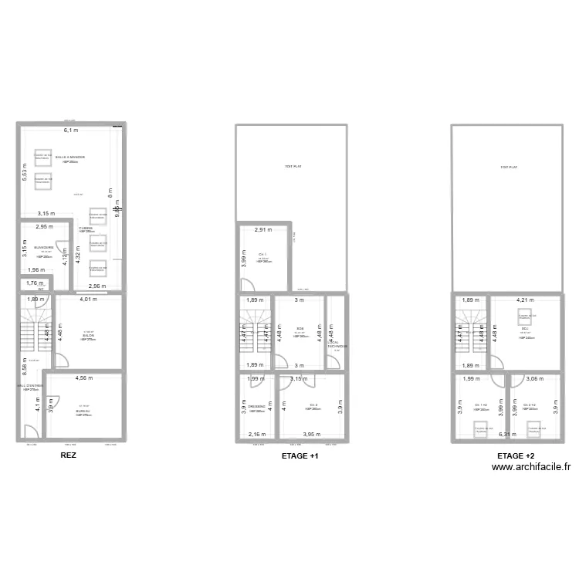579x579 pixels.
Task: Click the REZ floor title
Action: tap(68, 456)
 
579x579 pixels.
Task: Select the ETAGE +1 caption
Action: tap(300, 456)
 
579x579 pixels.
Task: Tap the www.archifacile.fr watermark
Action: tap(530, 466)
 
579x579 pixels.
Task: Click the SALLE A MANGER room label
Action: tap(70, 157)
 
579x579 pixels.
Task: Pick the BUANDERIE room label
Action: tap(44, 248)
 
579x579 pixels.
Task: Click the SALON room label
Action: tap(89, 336)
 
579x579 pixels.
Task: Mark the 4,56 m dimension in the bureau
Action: tap(84, 378)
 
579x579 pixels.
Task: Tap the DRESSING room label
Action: tap(257, 406)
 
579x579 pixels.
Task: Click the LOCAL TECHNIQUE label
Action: tap(337, 346)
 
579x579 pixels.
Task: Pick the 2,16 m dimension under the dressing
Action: tap(256, 435)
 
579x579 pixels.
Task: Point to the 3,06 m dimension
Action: tap(536, 378)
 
